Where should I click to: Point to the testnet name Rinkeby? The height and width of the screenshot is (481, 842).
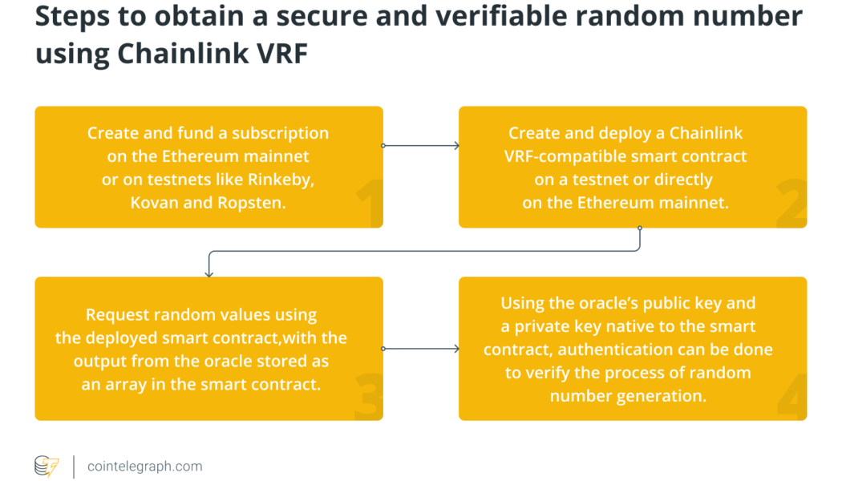(279, 180)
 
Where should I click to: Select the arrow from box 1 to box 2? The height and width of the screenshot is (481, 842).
(421, 146)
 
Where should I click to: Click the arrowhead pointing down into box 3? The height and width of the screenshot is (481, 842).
(209, 273)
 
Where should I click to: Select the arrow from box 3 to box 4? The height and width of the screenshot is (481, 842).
(421, 349)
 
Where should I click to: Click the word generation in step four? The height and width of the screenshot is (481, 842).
(667, 396)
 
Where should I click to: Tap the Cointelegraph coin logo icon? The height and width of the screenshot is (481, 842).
(47, 466)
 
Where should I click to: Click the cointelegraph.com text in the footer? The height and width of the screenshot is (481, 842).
(144, 466)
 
